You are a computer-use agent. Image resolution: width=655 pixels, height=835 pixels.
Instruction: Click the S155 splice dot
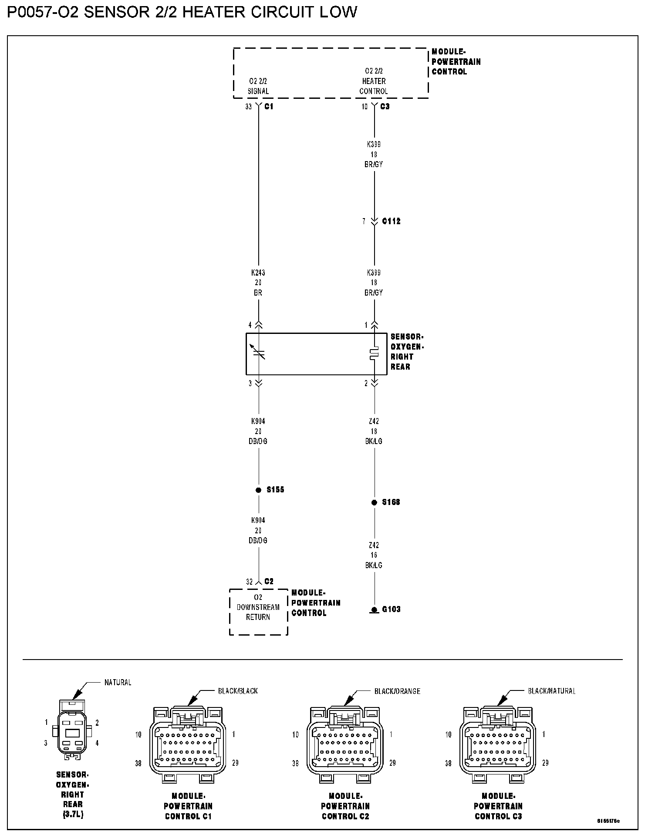[x=258, y=490]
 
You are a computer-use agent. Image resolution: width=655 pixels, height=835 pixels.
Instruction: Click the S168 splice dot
[x=374, y=502]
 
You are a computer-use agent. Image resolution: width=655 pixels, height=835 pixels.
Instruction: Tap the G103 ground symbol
[x=374, y=609]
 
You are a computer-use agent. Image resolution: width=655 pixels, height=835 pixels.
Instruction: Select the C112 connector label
[x=391, y=221]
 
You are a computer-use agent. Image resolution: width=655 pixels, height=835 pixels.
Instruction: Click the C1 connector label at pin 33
[x=269, y=106]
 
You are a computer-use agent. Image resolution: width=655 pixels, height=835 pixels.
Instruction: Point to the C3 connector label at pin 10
[x=385, y=106]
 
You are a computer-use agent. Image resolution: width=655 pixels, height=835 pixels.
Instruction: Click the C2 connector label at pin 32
[x=269, y=582]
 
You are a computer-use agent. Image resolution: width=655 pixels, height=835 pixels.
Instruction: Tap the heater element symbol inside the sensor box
[x=374, y=354]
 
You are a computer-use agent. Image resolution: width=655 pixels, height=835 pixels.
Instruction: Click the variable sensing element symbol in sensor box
[x=258, y=353]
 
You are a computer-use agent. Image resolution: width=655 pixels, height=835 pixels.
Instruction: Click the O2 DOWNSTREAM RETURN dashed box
[x=258, y=612]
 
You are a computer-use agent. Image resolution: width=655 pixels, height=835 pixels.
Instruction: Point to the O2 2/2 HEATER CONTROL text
[x=374, y=81]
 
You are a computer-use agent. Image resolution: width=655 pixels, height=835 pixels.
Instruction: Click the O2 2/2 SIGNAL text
[x=258, y=86]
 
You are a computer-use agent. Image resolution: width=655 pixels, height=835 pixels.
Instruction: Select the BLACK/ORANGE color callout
[x=397, y=691]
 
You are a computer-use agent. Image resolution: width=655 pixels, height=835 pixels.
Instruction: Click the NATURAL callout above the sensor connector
[x=118, y=682]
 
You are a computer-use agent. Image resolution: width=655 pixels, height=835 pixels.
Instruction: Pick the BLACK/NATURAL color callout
[x=551, y=691]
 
